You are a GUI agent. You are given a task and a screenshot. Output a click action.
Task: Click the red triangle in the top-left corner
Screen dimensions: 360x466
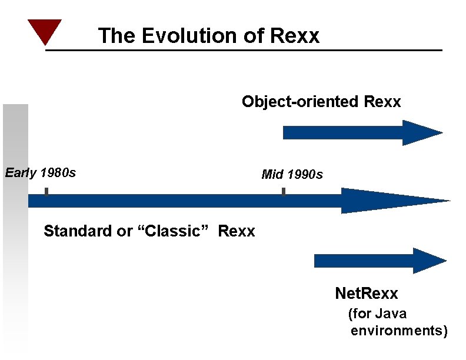[x=44, y=31]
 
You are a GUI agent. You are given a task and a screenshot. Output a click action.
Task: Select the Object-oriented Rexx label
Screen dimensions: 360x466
[x=321, y=102]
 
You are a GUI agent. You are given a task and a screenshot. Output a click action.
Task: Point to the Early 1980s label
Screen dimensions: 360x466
[x=41, y=173]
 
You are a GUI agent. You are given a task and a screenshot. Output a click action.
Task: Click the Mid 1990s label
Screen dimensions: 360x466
[x=292, y=175]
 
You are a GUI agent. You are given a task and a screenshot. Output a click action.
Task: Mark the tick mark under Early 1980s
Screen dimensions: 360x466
[x=46, y=192]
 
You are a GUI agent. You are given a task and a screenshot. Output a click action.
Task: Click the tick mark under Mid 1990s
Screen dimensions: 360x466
[x=284, y=192]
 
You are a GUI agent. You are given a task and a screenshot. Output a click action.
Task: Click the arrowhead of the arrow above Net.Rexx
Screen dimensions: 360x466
[x=430, y=261]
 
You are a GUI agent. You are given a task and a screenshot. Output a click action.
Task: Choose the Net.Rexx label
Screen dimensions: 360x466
[x=366, y=293]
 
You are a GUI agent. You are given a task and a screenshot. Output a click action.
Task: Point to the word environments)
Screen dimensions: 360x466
[x=399, y=331]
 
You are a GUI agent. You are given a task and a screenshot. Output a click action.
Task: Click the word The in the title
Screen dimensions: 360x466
[x=118, y=36]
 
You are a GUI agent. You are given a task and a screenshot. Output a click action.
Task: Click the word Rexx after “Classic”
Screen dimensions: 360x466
[x=237, y=231]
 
